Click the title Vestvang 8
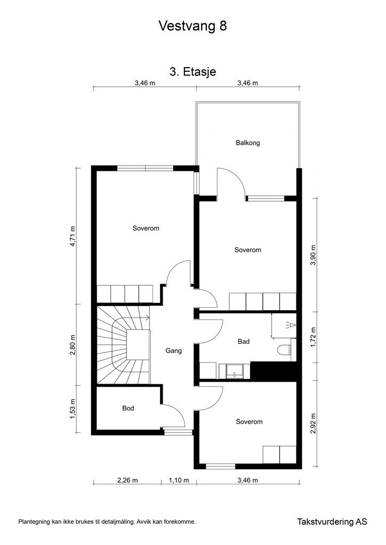point(192,27)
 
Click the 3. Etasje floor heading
point(192,72)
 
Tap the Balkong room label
point(247,143)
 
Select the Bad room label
point(243,342)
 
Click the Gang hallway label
point(174,351)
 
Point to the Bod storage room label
point(128,409)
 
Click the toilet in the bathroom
point(284,350)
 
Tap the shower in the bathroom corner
point(284,326)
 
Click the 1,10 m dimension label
point(179,480)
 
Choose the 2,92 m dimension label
point(313,424)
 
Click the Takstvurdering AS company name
point(332,522)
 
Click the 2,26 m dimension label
point(127,480)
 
